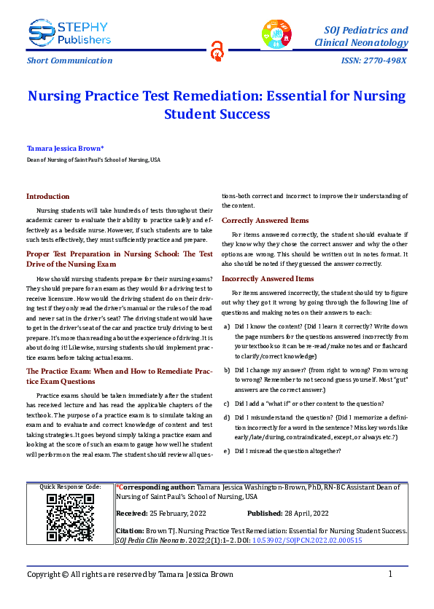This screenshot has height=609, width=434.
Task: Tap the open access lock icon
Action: (217, 49)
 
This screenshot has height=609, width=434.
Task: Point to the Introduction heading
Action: (48, 196)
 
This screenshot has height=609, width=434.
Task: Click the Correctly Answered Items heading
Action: (265, 220)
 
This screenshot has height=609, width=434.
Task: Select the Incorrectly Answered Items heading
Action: (268, 278)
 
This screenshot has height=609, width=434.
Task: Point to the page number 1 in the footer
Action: (390, 574)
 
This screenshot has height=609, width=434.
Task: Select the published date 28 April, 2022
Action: (311, 513)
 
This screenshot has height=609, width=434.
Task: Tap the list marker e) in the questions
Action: (227, 452)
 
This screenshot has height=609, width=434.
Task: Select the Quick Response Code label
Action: (70, 486)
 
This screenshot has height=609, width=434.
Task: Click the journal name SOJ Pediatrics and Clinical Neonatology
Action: (361, 36)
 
